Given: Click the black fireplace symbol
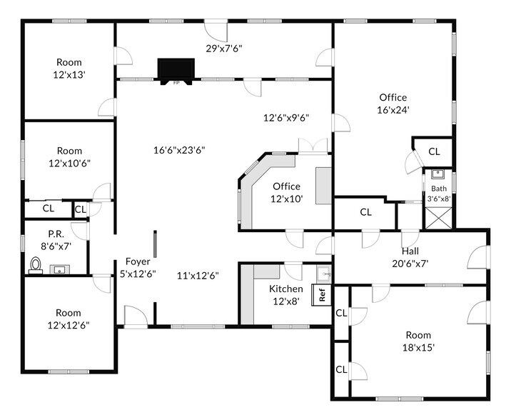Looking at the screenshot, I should coord(175,70).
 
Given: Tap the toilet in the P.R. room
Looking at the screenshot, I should coord(36,265).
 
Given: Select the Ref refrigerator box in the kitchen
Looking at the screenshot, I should coord(322,294).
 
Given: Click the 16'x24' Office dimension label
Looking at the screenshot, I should coord(393,110).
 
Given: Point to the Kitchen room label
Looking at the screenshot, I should coord(285,289).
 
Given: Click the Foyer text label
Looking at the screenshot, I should coord(138,261).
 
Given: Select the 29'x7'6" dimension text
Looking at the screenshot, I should coord(224,49).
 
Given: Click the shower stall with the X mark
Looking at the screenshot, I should coord(435,217).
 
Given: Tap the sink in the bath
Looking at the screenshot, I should coord(437,174).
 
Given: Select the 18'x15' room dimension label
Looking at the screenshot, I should coord(418,348).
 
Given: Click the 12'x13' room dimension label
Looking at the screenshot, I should coord(69,74).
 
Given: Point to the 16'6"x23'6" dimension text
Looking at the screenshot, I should coord(179,150).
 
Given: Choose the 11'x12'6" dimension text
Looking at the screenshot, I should coord(198,276).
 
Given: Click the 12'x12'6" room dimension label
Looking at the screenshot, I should coord(69,325).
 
